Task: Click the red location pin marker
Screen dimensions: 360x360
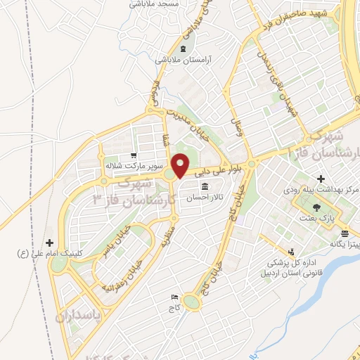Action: click(181, 165)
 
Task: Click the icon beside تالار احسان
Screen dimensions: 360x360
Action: click(205, 186)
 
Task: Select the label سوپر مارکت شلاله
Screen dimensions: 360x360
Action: click(134, 167)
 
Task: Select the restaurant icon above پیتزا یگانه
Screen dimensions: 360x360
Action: click(345, 233)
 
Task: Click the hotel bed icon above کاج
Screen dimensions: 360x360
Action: click(174, 297)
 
